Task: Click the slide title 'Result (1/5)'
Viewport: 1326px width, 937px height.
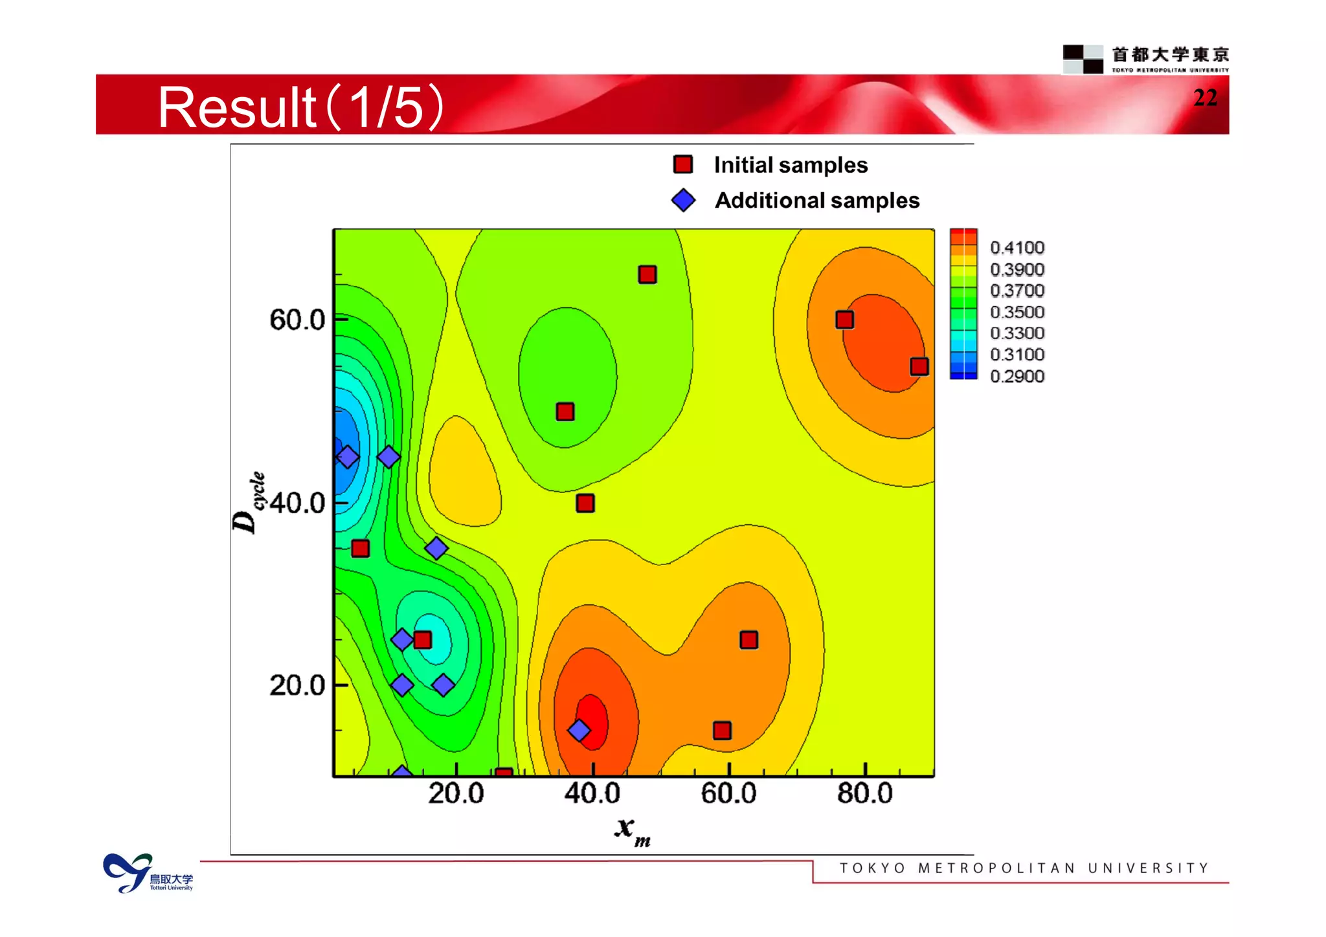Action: click(300, 107)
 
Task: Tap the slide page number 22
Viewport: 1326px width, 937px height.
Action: click(1205, 98)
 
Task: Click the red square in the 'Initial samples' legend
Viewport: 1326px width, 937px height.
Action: click(683, 164)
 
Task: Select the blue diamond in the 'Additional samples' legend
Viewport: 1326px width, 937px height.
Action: click(683, 200)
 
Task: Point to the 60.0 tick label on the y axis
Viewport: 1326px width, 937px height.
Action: click(297, 320)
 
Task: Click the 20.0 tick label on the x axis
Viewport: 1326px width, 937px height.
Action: click(456, 793)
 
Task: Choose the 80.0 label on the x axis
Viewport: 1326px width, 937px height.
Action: click(865, 793)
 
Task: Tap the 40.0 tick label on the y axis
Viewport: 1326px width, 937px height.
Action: click(297, 503)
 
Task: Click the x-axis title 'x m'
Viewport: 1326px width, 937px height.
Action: click(632, 830)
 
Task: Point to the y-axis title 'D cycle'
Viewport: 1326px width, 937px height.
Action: click(249, 503)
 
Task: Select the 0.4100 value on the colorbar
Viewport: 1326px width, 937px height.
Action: click(1017, 248)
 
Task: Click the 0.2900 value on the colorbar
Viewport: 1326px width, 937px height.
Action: click(1017, 376)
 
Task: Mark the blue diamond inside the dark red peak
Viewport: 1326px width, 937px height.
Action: click(579, 731)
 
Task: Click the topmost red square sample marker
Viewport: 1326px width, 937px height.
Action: click(647, 274)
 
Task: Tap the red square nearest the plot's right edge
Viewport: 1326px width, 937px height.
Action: click(919, 367)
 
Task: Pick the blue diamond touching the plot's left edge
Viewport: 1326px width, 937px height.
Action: click(348, 457)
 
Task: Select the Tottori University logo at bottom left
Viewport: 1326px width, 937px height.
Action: click(148, 874)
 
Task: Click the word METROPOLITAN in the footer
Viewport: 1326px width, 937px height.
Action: click(996, 868)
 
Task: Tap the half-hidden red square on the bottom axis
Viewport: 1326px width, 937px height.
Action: click(504, 773)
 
